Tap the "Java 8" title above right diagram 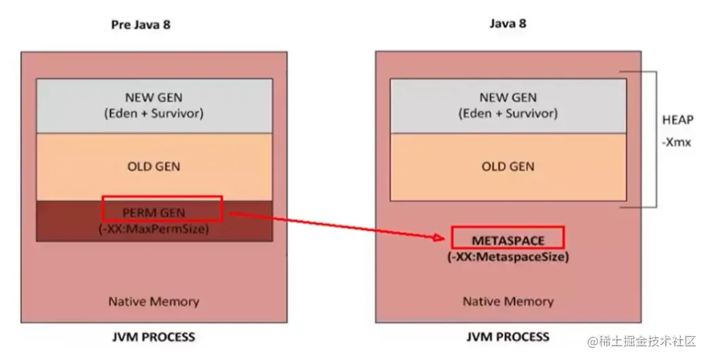coord(508,23)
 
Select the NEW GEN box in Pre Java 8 coord(154,105)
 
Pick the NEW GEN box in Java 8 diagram coord(508,105)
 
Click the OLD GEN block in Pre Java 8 coord(154,166)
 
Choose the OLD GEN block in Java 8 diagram coord(508,166)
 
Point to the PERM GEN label coord(154,212)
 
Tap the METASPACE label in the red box coord(508,240)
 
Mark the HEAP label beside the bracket coord(677,120)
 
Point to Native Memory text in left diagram coord(154,301)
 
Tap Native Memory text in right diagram coord(508,301)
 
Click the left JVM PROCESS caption coord(154,337)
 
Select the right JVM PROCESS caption coord(508,337)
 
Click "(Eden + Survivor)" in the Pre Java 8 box coord(154,113)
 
